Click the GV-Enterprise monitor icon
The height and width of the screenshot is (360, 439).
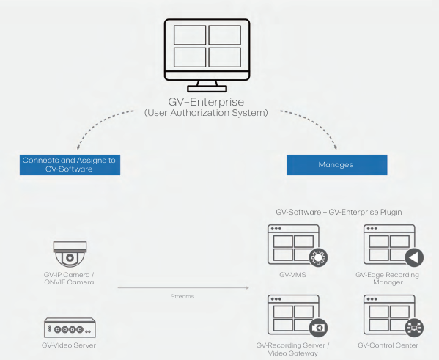pos(207,55)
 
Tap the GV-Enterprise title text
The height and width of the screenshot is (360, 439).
pos(206,102)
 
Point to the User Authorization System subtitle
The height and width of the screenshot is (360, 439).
pos(206,113)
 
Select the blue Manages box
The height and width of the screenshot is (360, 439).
pos(337,165)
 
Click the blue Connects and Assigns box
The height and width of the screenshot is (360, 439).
pos(70,165)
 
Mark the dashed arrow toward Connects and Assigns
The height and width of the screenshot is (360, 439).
pos(95,123)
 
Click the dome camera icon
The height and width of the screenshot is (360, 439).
pos(70,254)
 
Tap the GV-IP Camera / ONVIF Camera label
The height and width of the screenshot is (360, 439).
pos(69,279)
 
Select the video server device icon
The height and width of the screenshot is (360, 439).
pos(70,328)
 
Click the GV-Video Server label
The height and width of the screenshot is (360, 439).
pos(69,345)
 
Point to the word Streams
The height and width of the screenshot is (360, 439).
pos(182,296)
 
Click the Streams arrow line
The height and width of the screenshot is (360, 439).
pos(183,287)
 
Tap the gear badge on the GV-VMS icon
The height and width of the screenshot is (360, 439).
pos(318,257)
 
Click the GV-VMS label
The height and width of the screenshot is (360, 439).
pos(293,275)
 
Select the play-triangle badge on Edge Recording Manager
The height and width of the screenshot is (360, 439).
pos(414,257)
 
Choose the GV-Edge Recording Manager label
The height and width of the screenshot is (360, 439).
pos(388,279)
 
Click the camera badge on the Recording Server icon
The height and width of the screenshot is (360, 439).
pos(318,328)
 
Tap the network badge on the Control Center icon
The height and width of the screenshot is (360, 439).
pos(414,328)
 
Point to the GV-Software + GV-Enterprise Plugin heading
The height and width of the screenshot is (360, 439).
pos(339,213)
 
